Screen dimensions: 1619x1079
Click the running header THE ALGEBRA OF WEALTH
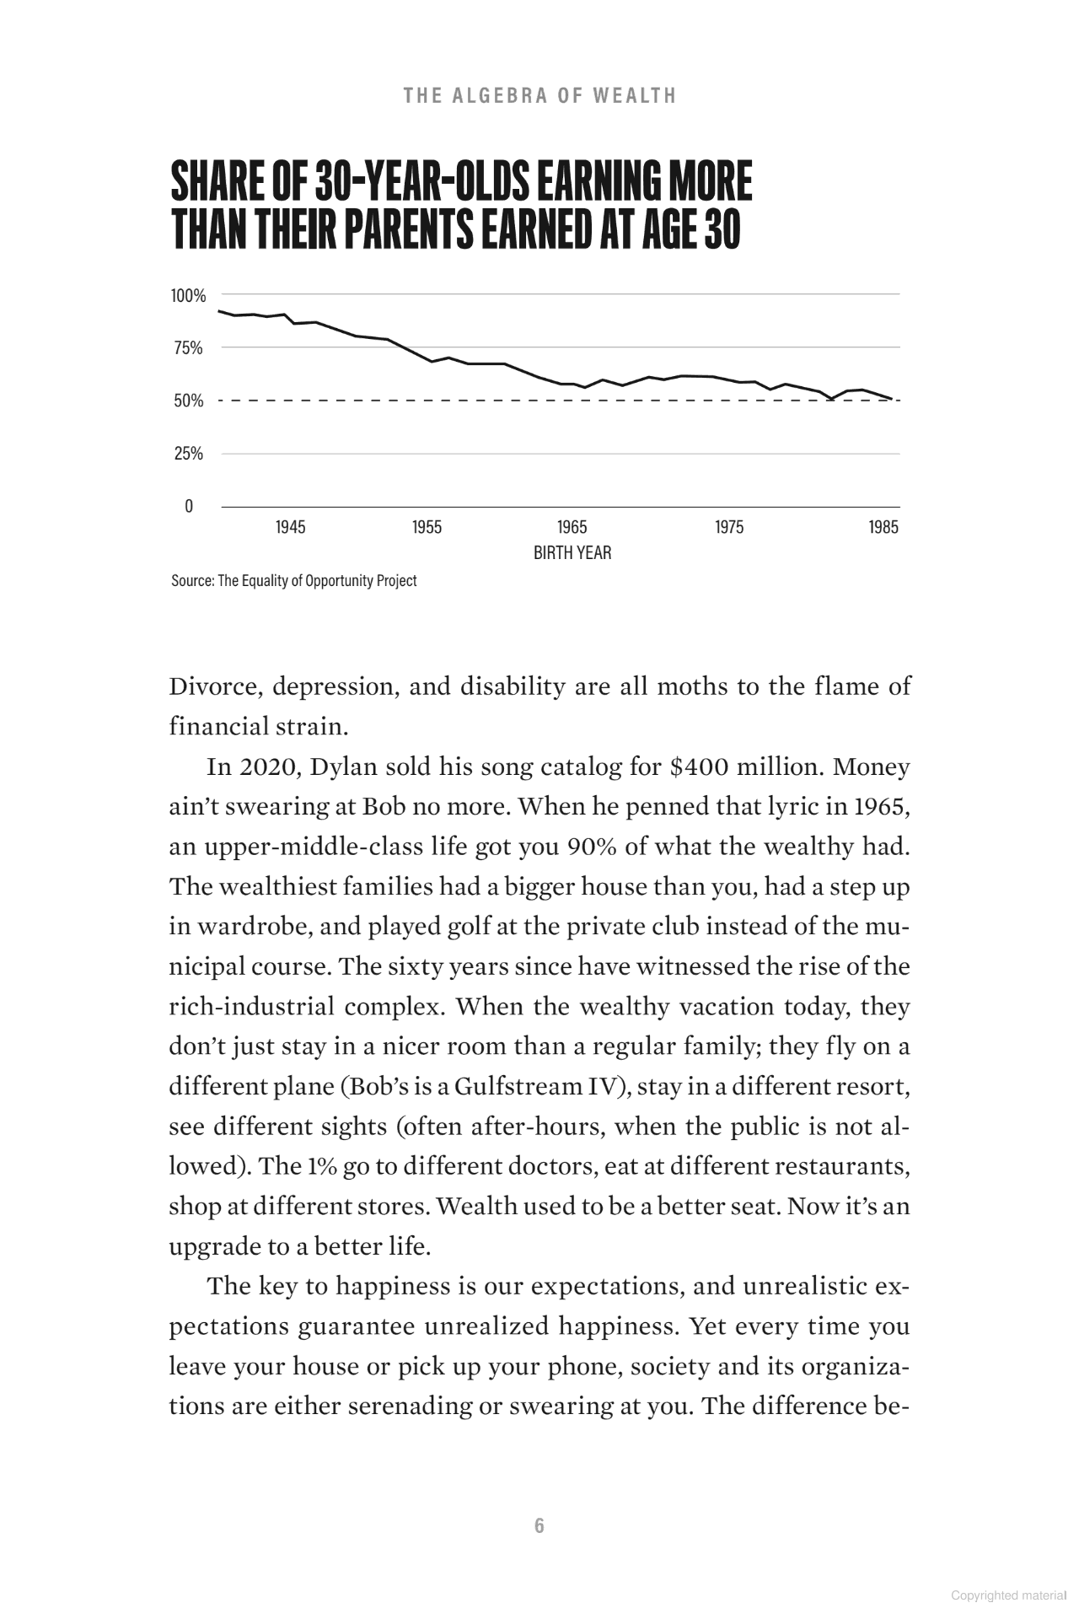point(539,95)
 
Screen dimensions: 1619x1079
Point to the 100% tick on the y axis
point(188,296)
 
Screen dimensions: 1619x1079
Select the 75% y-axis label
point(188,348)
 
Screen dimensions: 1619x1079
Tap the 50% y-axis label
point(188,401)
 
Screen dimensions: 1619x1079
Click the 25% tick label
point(188,454)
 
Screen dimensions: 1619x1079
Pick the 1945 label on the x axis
point(291,528)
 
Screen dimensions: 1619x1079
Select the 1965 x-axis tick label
point(572,528)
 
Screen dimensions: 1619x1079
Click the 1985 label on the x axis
point(883,528)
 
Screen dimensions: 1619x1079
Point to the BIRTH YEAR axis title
point(572,553)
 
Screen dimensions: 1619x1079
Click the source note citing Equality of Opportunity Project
point(293,581)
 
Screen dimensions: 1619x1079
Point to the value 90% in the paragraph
point(593,847)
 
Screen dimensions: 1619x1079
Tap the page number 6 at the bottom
point(539,1525)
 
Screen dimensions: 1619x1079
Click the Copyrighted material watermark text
point(1008,1595)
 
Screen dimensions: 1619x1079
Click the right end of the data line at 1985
point(892,399)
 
